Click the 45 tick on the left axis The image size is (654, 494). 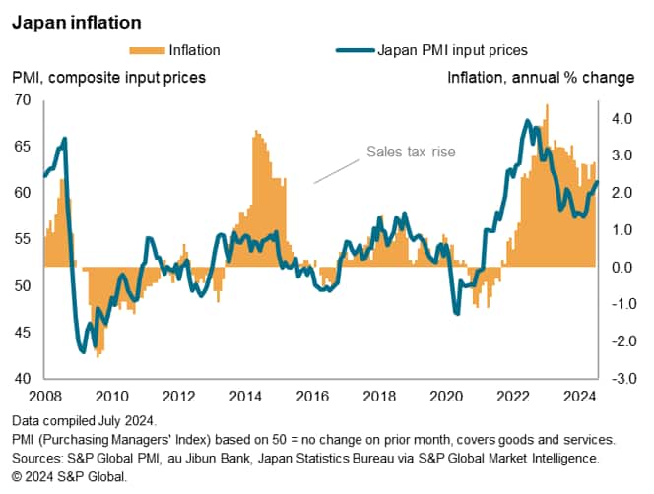23,333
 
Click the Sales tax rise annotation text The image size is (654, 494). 411,153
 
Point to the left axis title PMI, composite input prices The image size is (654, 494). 109,77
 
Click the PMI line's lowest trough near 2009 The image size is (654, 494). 83,351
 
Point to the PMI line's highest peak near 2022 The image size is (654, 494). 528,122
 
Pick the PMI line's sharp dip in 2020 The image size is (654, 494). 457,313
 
